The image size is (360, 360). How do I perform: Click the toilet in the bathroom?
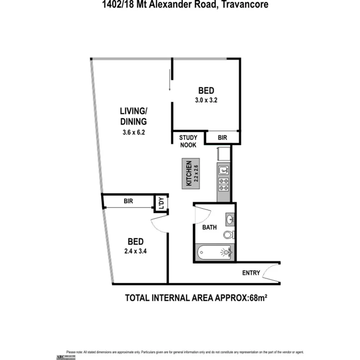tap(228, 234)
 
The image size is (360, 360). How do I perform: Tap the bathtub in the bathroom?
tap(214, 253)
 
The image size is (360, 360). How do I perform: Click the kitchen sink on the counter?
tap(224, 170)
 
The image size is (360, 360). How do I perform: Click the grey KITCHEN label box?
tap(190, 174)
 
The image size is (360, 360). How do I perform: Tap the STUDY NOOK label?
tap(188, 141)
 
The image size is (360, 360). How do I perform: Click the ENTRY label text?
tap(251, 273)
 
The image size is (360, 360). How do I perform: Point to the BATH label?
tap(210, 228)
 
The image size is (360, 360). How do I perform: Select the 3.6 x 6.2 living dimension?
tap(133, 132)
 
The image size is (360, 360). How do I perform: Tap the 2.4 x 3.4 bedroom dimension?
tap(136, 251)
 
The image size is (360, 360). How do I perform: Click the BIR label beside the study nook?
tap(222, 137)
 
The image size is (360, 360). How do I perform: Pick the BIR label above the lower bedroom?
tap(129, 201)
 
